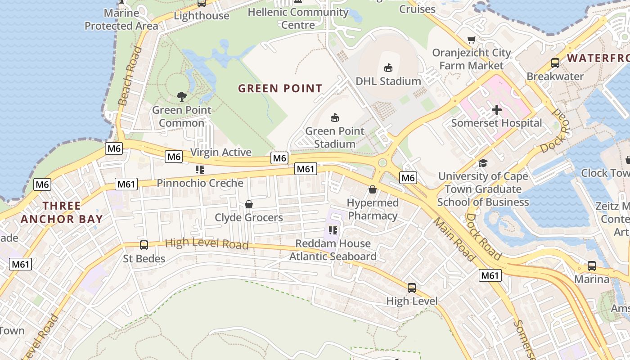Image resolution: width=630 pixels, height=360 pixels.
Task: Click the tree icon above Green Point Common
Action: click(182, 96)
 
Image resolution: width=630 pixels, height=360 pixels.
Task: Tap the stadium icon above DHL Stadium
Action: click(388, 68)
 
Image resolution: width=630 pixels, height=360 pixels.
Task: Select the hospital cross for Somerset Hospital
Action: click(497, 110)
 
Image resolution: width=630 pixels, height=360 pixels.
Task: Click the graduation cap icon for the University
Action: click(483, 163)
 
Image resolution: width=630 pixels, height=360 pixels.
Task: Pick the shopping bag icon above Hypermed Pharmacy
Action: click(373, 190)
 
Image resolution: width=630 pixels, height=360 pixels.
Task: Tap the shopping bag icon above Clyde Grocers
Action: click(249, 205)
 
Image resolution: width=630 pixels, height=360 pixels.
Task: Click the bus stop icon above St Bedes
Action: click(144, 245)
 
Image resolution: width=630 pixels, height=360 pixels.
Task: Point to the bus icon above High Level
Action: click(411, 288)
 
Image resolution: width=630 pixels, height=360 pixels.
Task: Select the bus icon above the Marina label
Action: click(591, 266)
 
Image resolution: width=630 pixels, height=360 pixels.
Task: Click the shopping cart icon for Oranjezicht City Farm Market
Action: click(471, 40)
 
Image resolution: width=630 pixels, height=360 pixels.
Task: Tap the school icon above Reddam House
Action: click(333, 231)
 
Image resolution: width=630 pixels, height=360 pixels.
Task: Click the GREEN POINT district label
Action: click(280, 88)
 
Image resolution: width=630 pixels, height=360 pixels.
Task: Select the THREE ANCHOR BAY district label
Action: click(62, 213)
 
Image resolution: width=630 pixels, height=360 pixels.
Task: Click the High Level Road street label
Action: click(207, 243)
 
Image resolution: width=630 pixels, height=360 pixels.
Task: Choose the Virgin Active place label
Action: click(221, 152)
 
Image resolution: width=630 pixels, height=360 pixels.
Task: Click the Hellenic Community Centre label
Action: click(298, 18)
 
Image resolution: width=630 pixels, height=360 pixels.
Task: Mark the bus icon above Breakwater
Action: click(555, 63)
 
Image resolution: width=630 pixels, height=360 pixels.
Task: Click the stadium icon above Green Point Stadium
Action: click(334, 118)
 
